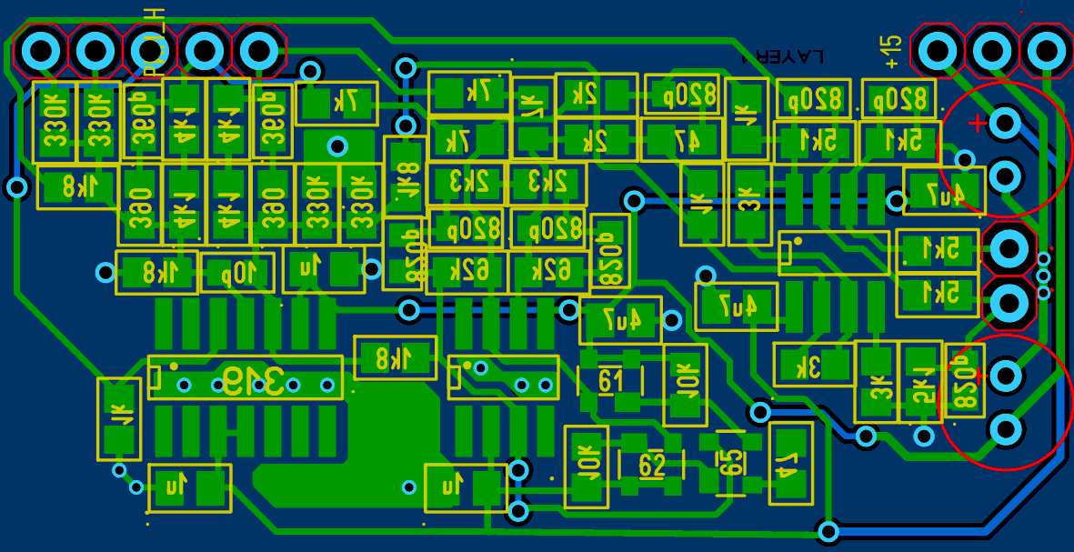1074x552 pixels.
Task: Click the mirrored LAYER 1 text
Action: [x=783, y=56]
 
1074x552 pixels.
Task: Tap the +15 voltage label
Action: [x=891, y=52]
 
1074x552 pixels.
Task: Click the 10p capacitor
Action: [x=237, y=272]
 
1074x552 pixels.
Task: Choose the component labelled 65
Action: [x=730, y=462]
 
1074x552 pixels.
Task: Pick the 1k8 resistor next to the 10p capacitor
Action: [x=156, y=272]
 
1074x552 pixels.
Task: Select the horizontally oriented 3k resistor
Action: [x=813, y=365]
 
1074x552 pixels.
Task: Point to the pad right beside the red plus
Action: [x=1006, y=123]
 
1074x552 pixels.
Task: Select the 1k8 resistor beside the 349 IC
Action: [x=396, y=358]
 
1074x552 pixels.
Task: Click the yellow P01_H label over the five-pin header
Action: [x=154, y=27]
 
